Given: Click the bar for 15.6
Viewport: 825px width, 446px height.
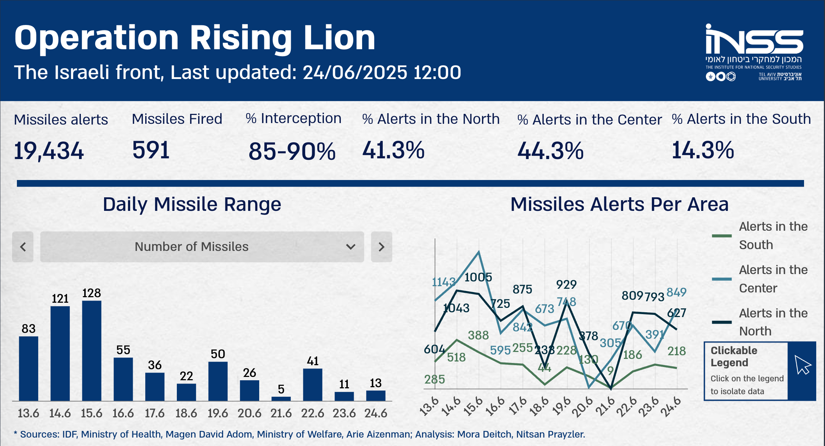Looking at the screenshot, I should coord(92,350).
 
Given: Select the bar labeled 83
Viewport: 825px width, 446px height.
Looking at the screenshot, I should coord(28,368).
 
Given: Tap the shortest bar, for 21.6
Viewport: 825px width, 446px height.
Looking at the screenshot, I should coord(281,399).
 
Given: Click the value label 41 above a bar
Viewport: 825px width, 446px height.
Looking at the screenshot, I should coord(312,361).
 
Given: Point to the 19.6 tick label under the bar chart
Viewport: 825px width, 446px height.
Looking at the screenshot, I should coord(218,413).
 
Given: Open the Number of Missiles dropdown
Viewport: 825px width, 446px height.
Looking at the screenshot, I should coord(202,247).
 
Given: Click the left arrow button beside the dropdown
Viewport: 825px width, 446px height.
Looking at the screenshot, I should coord(23,247).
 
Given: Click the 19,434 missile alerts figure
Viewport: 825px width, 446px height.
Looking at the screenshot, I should coord(49,151).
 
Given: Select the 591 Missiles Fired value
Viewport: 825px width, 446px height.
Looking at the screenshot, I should coord(151,150).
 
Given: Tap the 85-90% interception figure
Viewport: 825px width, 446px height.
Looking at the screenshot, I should coord(292,151).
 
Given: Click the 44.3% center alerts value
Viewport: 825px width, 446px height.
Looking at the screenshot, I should coord(550,151).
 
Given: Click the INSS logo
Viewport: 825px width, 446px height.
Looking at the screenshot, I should coord(754,51).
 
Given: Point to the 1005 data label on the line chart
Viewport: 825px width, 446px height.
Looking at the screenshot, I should coord(478,277).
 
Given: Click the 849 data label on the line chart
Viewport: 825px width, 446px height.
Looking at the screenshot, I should coord(676,292).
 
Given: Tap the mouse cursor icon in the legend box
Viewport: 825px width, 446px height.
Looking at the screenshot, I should coord(802,365).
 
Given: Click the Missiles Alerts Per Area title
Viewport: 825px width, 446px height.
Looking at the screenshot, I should coord(619,204).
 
